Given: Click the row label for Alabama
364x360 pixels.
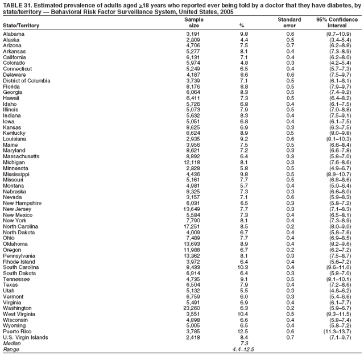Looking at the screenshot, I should click(x=14, y=34).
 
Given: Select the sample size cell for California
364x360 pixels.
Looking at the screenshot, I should click(x=193, y=57).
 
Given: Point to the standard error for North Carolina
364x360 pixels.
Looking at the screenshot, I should click(x=290, y=225).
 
